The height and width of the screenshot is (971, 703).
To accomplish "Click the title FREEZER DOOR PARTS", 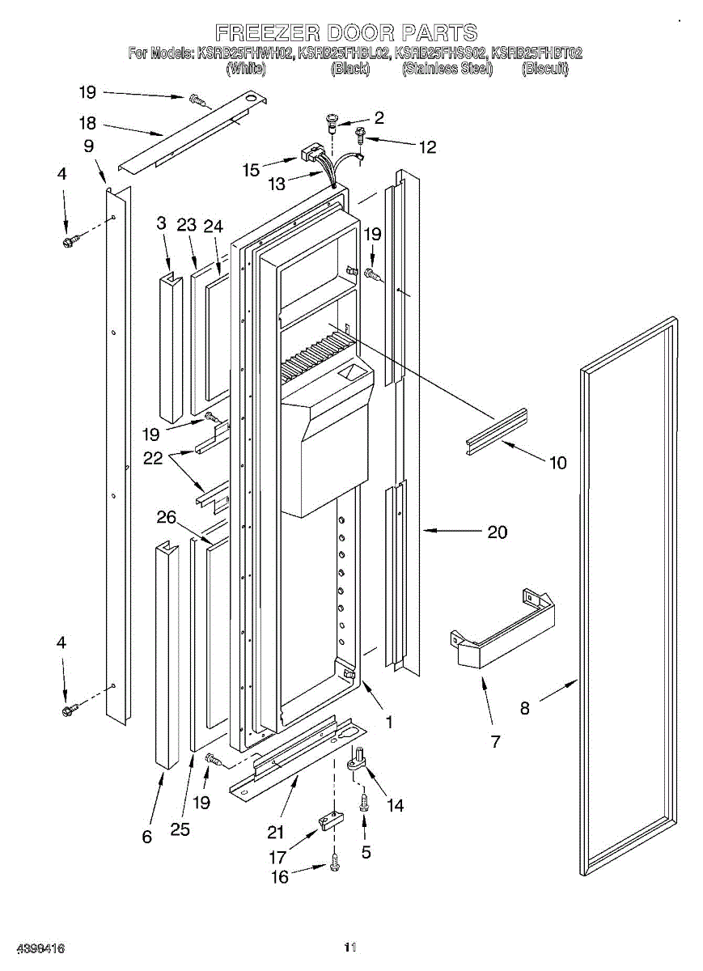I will click(x=346, y=33).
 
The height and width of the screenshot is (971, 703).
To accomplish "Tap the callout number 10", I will click(x=558, y=463).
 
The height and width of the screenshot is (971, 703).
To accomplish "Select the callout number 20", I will click(x=498, y=532).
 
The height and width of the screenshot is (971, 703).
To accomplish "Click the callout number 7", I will click(x=495, y=740).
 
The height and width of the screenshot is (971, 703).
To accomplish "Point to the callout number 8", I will click(x=525, y=708).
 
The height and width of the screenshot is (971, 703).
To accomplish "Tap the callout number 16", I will click(x=279, y=877).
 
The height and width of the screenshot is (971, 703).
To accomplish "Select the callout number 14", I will click(x=396, y=805).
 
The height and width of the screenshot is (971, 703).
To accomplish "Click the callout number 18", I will click(x=87, y=124).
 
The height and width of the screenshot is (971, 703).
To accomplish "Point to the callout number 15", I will click(x=251, y=170).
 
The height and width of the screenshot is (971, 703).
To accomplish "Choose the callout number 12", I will click(x=427, y=147).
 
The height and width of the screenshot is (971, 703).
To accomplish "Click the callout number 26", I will click(x=167, y=516).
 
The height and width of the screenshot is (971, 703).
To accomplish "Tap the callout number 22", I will click(x=153, y=458).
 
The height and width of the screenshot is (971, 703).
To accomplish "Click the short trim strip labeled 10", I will click(x=496, y=431).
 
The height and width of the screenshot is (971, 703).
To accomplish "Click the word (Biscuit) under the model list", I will click(x=545, y=70).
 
